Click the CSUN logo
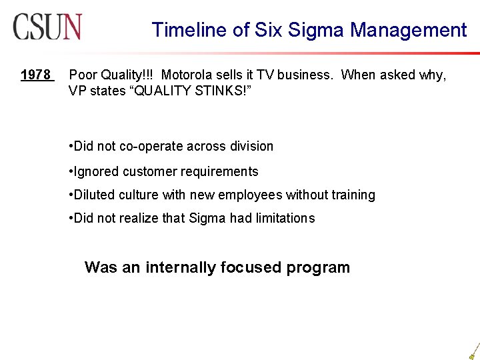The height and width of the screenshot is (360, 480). click(x=47, y=27)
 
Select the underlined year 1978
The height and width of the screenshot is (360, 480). click(x=35, y=75)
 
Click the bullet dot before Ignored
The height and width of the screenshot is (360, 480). click(x=71, y=172)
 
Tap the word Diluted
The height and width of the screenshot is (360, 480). click(x=95, y=195)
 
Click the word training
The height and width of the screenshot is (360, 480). click(x=353, y=195)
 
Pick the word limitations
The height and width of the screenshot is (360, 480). click(x=284, y=218)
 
